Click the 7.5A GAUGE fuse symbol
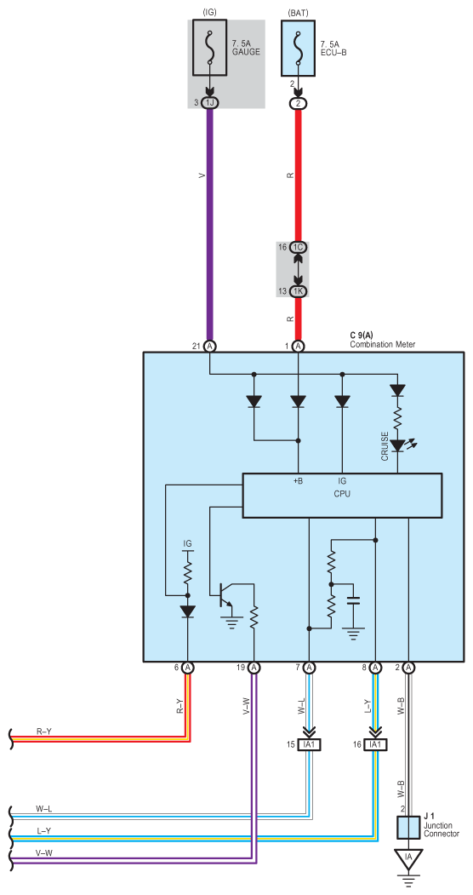click(211, 48)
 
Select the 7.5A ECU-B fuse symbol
click(298, 48)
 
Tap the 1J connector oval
click(210, 102)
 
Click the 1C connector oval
click(298, 247)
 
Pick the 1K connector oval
click(298, 291)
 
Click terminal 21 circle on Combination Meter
click(210, 346)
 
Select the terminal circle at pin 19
click(254, 668)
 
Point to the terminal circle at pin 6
click(187, 668)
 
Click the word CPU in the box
click(342, 494)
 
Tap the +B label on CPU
click(298, 481)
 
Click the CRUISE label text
click(385, 445)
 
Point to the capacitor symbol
click(353, 601)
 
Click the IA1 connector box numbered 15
click(309, 743)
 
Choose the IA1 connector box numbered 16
click(375, 743)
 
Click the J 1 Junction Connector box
click(408, 828)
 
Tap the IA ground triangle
click(408, 859)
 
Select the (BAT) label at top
click(298, 12)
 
